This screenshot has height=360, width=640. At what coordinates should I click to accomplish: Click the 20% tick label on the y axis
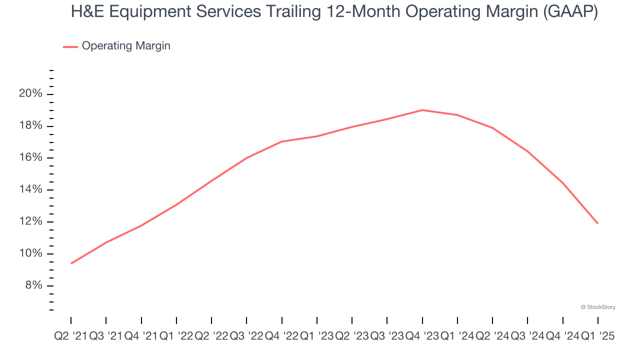tap(30, 94)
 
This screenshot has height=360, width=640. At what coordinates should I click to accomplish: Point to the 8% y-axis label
tap(33, 285)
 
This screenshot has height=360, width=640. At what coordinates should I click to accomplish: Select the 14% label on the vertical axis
tap(30, 189)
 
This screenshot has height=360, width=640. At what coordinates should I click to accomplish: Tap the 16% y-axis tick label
tap(30, 157)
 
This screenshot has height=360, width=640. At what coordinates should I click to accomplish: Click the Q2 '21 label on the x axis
tap(70, 336)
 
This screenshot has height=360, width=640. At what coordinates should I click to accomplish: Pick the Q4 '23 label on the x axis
tap(422, 336)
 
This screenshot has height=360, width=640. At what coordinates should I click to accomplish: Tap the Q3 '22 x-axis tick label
tap(246, 336)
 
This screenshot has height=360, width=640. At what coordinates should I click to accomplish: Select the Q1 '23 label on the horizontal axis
tap(316, 336)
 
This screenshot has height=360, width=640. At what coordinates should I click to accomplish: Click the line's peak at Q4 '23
tap(422, 110)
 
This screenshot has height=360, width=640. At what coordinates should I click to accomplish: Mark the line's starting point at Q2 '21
tap(71, 263)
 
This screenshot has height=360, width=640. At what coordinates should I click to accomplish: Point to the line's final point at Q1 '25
tap(598, 223)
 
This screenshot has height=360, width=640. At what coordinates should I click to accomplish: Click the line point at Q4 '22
tap(282, 141)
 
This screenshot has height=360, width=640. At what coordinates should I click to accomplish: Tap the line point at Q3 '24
tap(527, 151)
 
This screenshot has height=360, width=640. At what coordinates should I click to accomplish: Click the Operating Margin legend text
tap(126, 46)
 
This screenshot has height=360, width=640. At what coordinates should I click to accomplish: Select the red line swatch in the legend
tap(70, 46)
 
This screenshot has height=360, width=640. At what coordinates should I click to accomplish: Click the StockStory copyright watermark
tap(598, 307)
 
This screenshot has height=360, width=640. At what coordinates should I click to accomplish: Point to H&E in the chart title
tap(88, 11)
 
